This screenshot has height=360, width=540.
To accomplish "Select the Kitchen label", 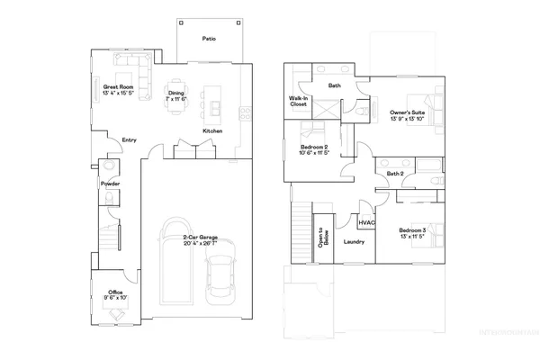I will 212,132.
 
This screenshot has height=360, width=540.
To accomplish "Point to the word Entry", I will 129,139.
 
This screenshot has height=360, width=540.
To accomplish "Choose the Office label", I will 114,292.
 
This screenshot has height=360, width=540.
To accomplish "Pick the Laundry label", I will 353,241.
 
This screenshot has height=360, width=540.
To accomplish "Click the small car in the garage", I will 220,279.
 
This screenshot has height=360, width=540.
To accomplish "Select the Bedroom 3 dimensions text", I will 411,238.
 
